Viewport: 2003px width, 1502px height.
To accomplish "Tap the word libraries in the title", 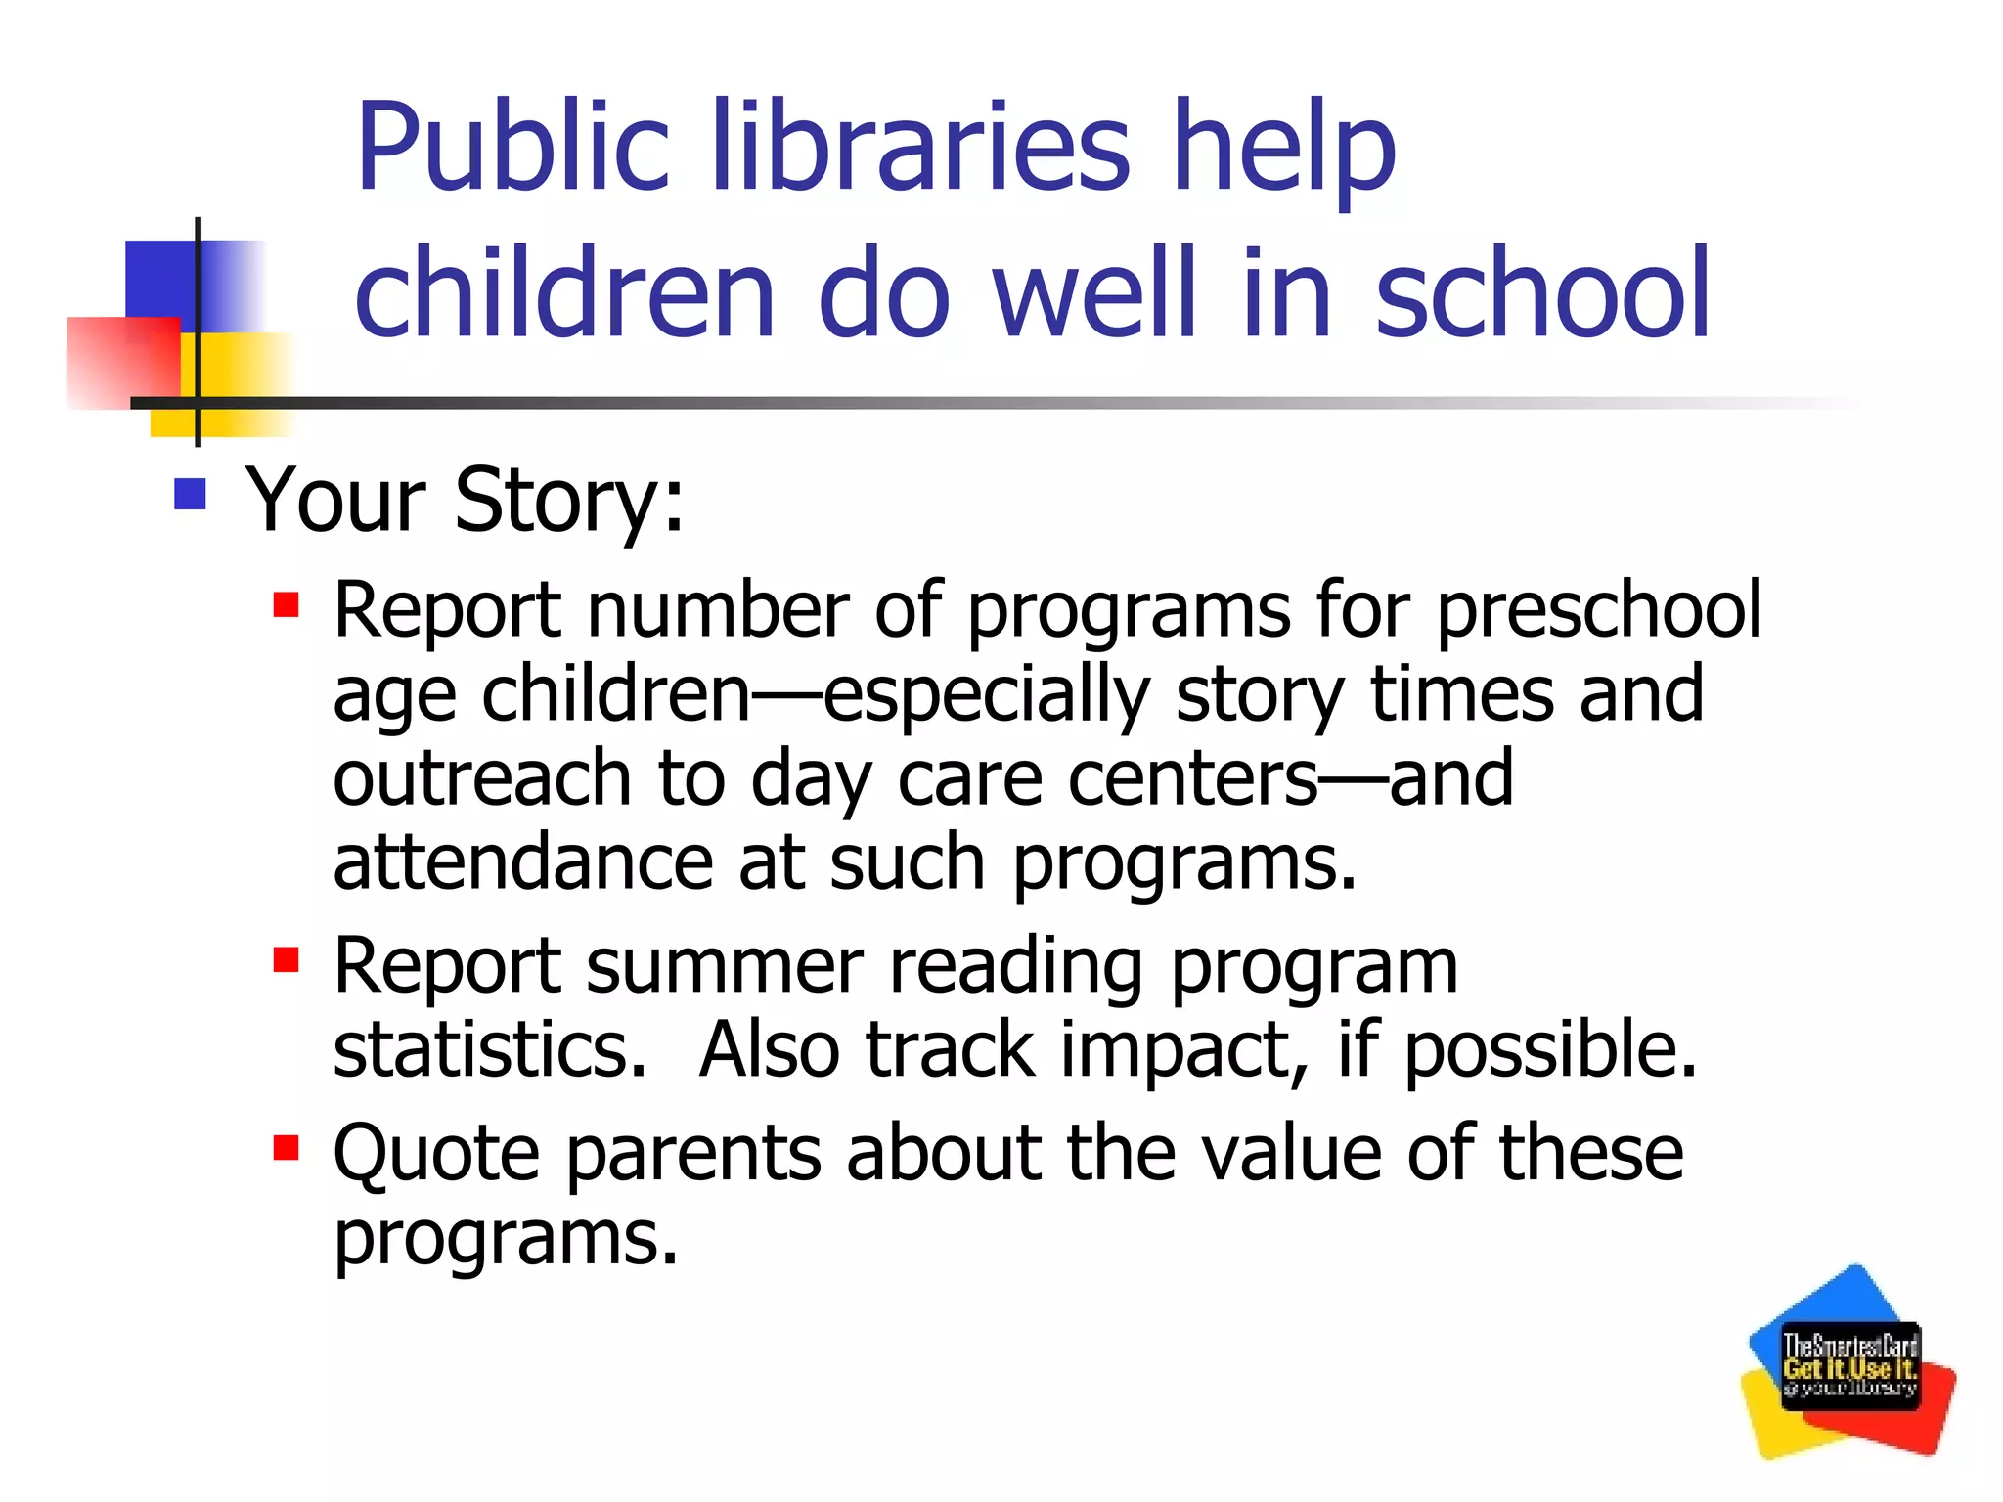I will pos(919,147).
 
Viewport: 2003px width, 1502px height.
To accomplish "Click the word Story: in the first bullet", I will pos(569,501).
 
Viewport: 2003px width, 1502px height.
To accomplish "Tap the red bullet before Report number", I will pos(286,605).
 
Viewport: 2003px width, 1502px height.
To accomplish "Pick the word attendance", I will pos(522,862).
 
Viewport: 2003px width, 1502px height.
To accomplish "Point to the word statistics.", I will pos(489,1049).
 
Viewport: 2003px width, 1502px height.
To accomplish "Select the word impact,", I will pos(1184,1049).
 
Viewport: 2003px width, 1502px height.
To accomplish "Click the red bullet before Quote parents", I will pos(286,1146).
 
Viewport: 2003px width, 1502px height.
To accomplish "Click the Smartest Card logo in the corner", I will pos(1848,1364).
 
